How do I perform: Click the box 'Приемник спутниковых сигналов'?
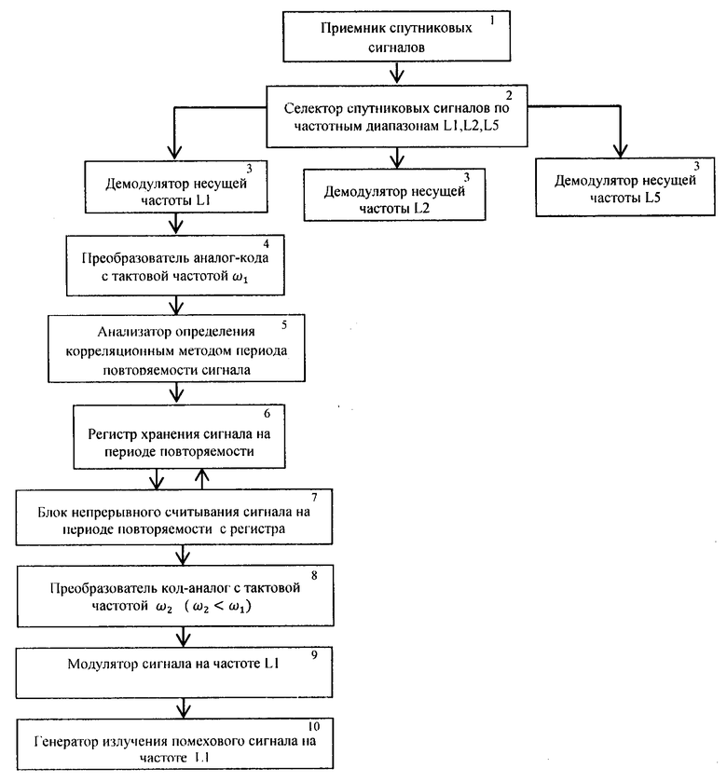coord(396,36)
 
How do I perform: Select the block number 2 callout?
coord(509,95)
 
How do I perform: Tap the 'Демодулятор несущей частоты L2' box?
coord(394,195)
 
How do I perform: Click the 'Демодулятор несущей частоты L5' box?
coord(625,187)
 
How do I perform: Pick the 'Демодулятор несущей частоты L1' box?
coord(176,187)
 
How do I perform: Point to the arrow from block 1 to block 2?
coord(397,73)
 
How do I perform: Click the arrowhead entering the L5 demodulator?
coord(621,150)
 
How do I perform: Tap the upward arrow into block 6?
coord(202,479)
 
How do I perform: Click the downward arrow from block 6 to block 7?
coord(158,479)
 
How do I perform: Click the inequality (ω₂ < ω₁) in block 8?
coord(217,607)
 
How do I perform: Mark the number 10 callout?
coord(313,726)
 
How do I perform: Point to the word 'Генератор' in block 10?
coord(66,742)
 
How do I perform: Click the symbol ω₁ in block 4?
coord(240,278)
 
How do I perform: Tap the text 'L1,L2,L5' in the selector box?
coord(471,126)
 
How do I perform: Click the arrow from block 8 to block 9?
coord(184,637)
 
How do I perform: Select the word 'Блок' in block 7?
coord(52,513)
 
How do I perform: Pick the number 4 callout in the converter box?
coord(267,244)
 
